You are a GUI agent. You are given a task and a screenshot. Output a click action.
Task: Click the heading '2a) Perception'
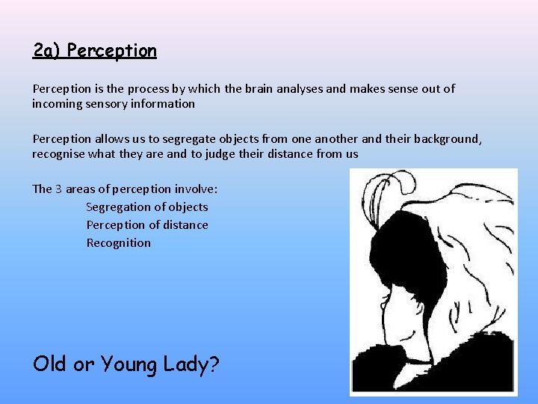tap(95, 51)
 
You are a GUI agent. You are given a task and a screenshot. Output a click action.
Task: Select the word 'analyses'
tap(300, 89)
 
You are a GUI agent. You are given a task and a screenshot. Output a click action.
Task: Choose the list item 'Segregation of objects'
tap(147, 207)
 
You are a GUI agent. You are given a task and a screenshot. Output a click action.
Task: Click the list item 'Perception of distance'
tap(147, 225)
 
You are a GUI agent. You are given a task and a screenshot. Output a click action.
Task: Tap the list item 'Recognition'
tap(118, 243)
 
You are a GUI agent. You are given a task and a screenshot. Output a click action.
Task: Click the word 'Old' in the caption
tap(49, 364)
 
